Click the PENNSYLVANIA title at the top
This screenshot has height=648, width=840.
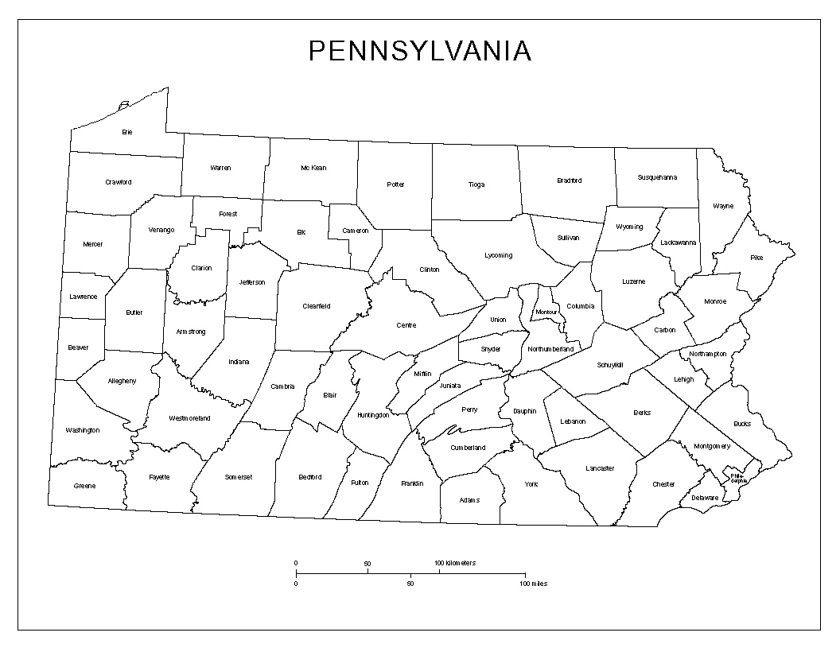pos(419,51)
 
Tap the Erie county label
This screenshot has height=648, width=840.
pos(126,132)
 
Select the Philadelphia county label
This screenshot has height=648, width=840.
pos(739,479)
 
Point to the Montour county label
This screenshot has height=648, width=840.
pos(546,312)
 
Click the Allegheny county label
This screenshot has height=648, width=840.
pos(122,381)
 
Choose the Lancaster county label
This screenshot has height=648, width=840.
pos(599,468)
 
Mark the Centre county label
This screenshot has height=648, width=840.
pos(406,325)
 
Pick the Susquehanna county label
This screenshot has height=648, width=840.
pos(657,177)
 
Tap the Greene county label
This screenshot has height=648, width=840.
pos(84,486)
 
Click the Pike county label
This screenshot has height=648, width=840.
pos(756,258)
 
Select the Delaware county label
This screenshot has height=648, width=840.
pos(704,499)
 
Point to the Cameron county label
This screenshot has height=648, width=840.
pos(356,231)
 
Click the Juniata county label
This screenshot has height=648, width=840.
pos(449,386)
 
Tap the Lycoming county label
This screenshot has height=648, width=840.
pos(499,256)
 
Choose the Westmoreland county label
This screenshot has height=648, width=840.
pos(189,418)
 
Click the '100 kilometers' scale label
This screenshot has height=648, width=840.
pos(455,563)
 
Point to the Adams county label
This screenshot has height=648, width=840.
pos(469,500)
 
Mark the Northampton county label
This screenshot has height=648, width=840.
pos(708,354)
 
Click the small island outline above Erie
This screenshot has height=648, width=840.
pos(123,104)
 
